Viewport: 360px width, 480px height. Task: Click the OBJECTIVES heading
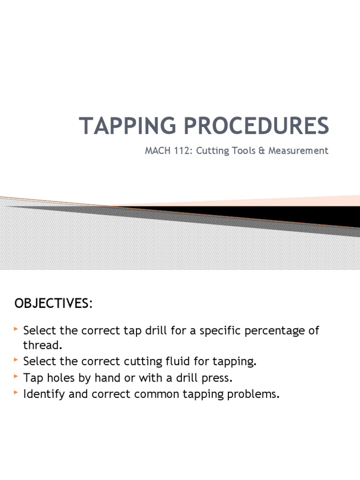53,303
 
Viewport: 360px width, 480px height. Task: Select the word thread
42,345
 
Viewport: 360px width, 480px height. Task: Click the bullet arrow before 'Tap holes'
17,376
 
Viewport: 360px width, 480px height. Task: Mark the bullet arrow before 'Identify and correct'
17,392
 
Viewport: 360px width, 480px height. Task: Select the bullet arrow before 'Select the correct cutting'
17,360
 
